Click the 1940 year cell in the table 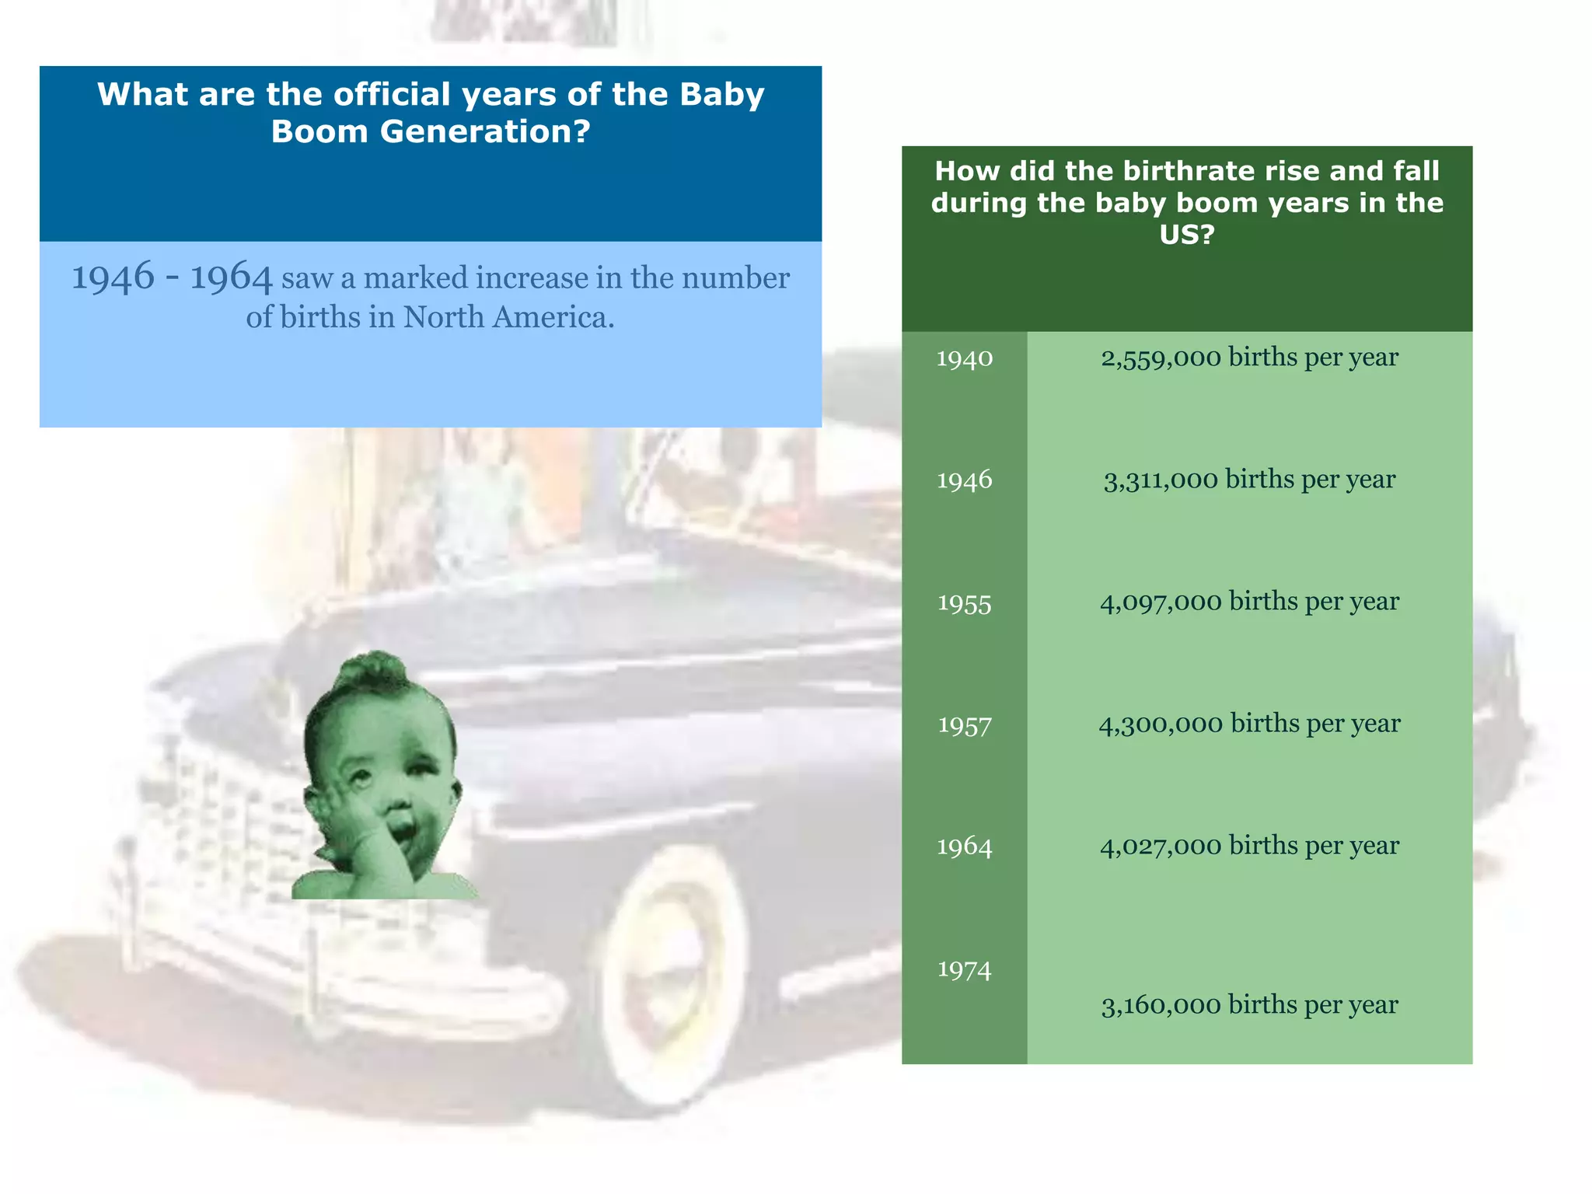pos(964,358)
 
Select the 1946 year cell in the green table pos(964,480)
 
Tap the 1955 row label pos(964,603)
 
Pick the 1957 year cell pos(964,725)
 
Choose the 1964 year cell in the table pos(964,847)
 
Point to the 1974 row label pos(964,969)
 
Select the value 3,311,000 pos(1161,480)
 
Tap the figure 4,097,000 pos(1161,602)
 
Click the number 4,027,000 pos(1161,846)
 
